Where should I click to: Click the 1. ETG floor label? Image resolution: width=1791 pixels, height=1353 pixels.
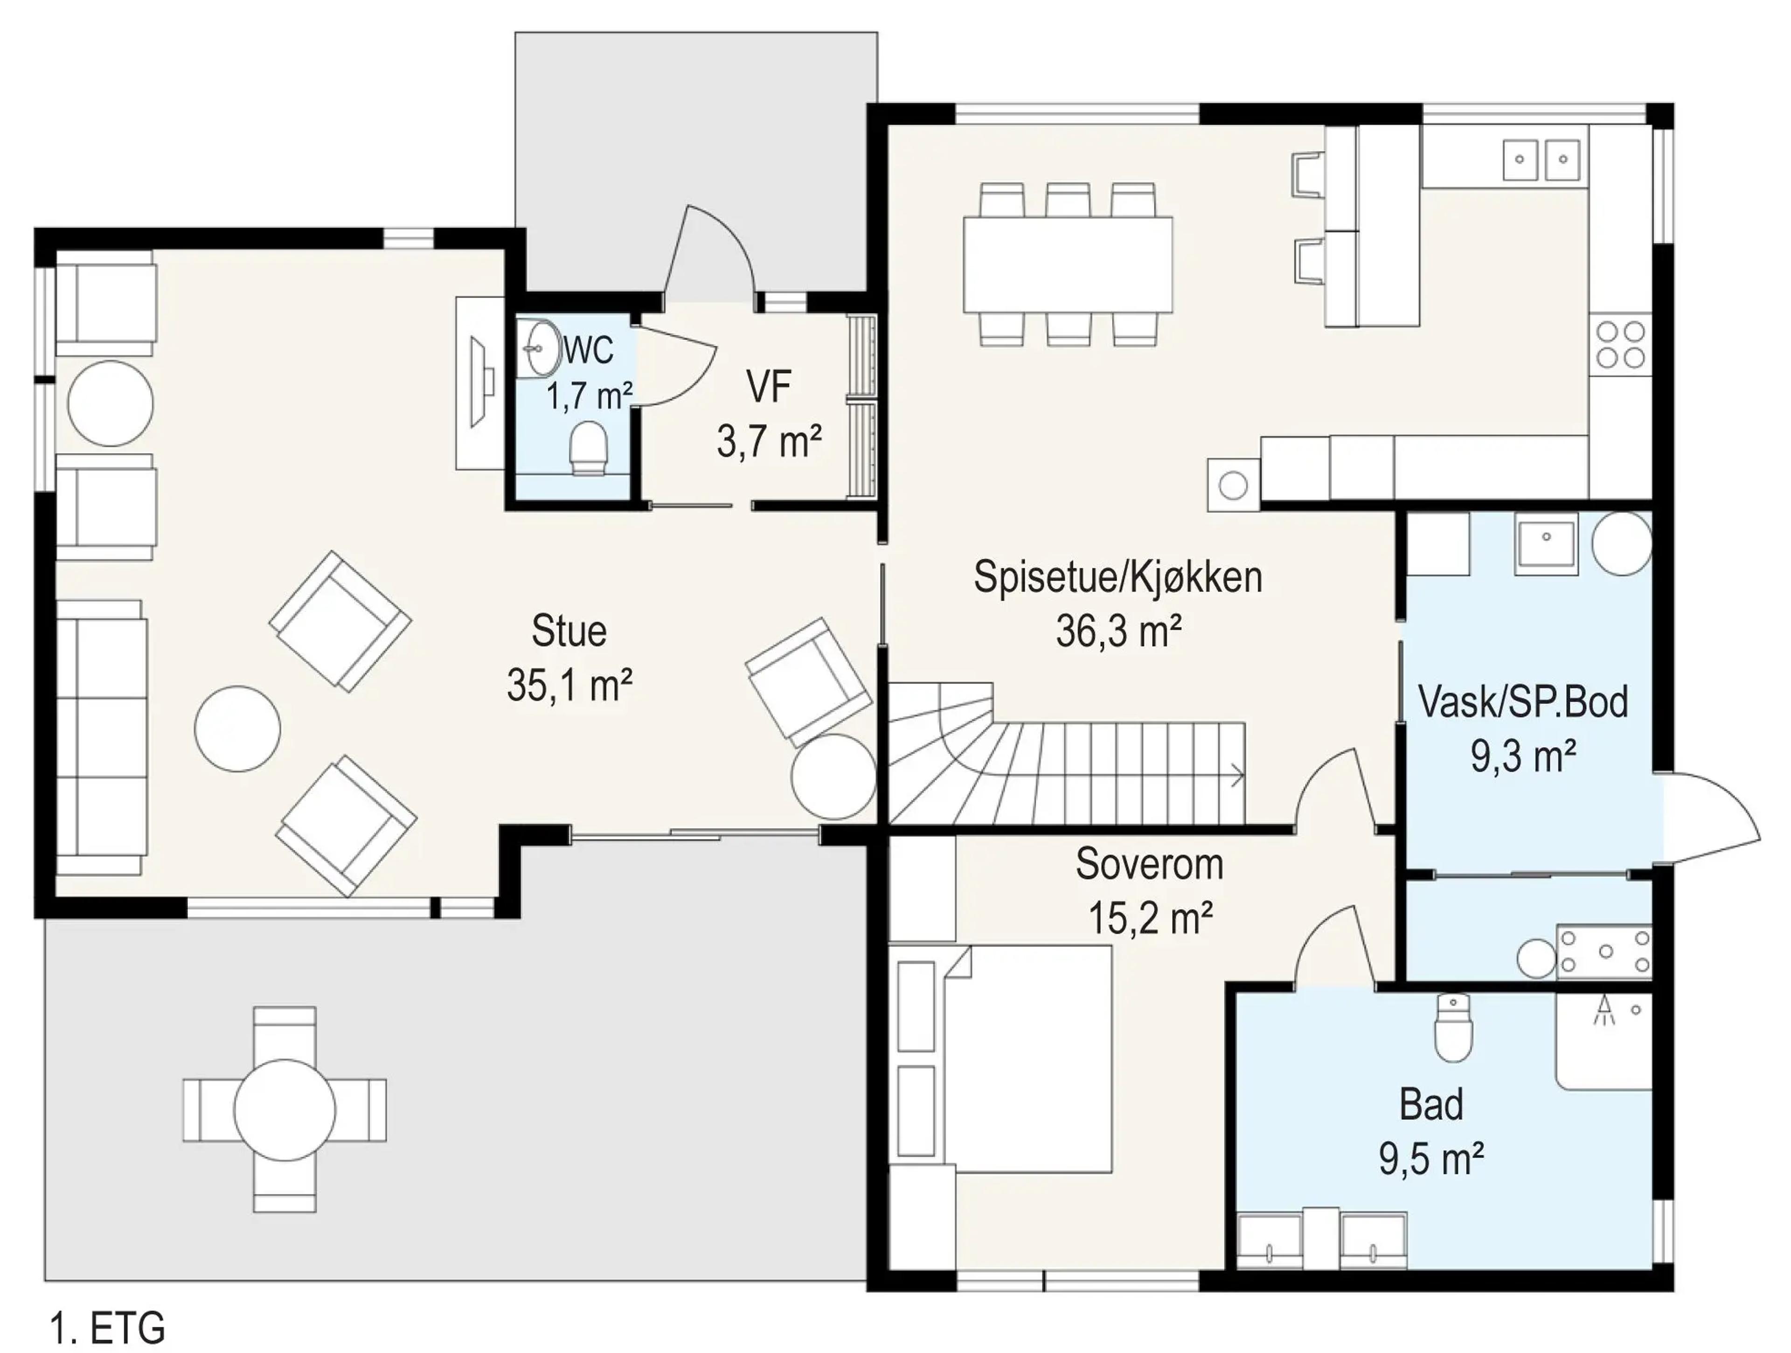tap(108, 1328)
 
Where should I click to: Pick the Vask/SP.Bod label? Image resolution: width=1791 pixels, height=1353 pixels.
tap(1523, 702)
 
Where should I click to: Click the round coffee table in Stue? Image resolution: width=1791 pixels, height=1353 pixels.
tap(237, 729)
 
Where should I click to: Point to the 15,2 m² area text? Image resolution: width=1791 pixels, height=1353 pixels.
tap(1150, 918)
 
